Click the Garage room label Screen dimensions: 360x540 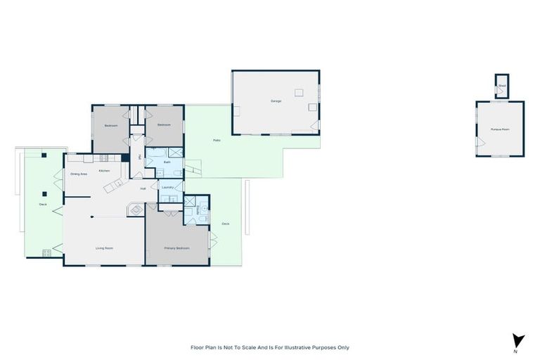pos(276,101)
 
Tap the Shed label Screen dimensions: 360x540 pos(501,86)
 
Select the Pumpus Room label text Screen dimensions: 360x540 pos(500,130)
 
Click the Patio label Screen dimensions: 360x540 pos(217,141)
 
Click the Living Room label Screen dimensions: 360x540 pos(105,248)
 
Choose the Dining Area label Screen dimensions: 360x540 pos(79,174)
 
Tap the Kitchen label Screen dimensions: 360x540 pos(104,171)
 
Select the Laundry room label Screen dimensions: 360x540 pos(167,187)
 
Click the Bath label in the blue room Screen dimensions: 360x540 pos(167,162)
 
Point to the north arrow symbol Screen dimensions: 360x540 pos(518,340)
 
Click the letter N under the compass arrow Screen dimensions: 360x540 pos(516,350)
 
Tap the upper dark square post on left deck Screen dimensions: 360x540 pos(44,155)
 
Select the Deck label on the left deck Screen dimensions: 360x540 pos(43,205)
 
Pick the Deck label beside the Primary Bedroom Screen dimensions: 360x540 pos(225,224)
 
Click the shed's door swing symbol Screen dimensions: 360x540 pos(499,92)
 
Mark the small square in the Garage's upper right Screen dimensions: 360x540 pos(299,91)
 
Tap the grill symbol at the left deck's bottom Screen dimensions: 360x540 pos(47,252)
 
